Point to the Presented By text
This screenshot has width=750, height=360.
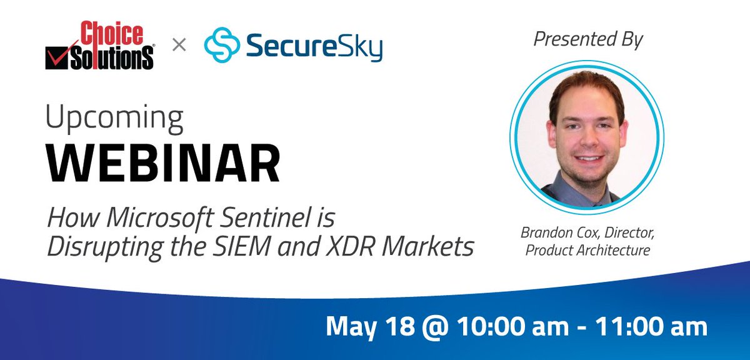click(587, 40)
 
